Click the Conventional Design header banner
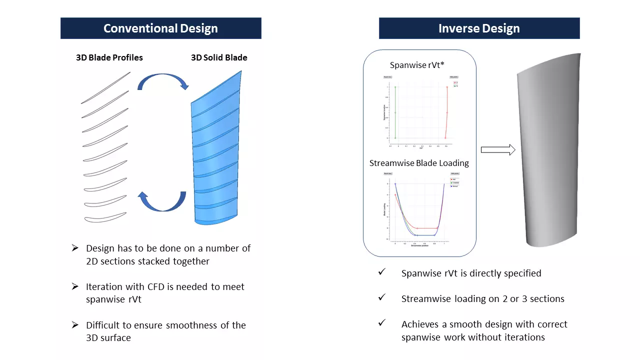[x=160, y=28]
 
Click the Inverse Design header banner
[x=479, y=28]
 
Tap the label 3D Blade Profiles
[x=109, y=57]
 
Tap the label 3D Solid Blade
[x=219, y=57]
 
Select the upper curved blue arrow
[x=162, y=80]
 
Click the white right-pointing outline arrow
[x=498, y=149]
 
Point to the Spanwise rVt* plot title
[x=417, y=65]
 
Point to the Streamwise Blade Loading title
[x=419, y=163]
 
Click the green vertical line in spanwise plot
[x=395, y=112]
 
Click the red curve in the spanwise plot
[x=446, y=112]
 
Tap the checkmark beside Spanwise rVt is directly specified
[x=382, y=272]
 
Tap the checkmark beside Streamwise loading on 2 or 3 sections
[x=382, y=297]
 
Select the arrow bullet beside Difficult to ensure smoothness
[x=75, y=325]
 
